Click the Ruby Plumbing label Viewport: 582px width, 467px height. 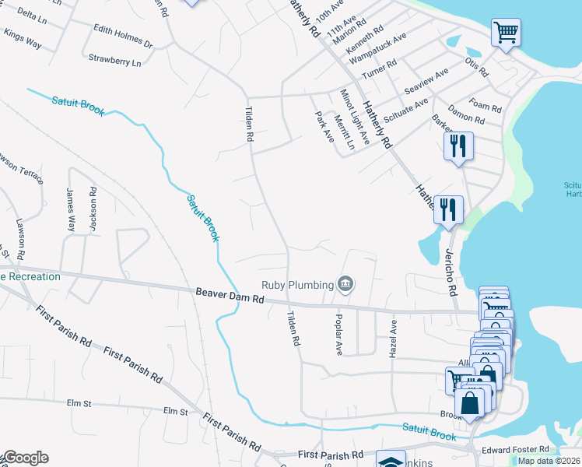pos(297,285)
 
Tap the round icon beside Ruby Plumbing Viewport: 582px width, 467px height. pos(346,285)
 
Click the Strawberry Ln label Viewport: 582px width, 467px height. pos(114,59)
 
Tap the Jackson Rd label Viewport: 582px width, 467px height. pos(93,207)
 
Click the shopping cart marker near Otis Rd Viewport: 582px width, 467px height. pos(506,33)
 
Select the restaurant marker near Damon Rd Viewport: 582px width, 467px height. pos(457,146)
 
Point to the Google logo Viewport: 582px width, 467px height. pos(25,458)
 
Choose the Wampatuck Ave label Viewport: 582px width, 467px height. pos(377,48)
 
